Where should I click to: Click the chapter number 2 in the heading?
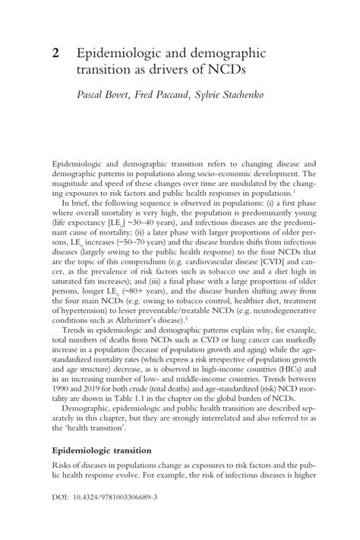point(55,54)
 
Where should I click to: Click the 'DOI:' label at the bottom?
point(62,502)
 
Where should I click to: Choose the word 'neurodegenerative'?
point(277,308)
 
